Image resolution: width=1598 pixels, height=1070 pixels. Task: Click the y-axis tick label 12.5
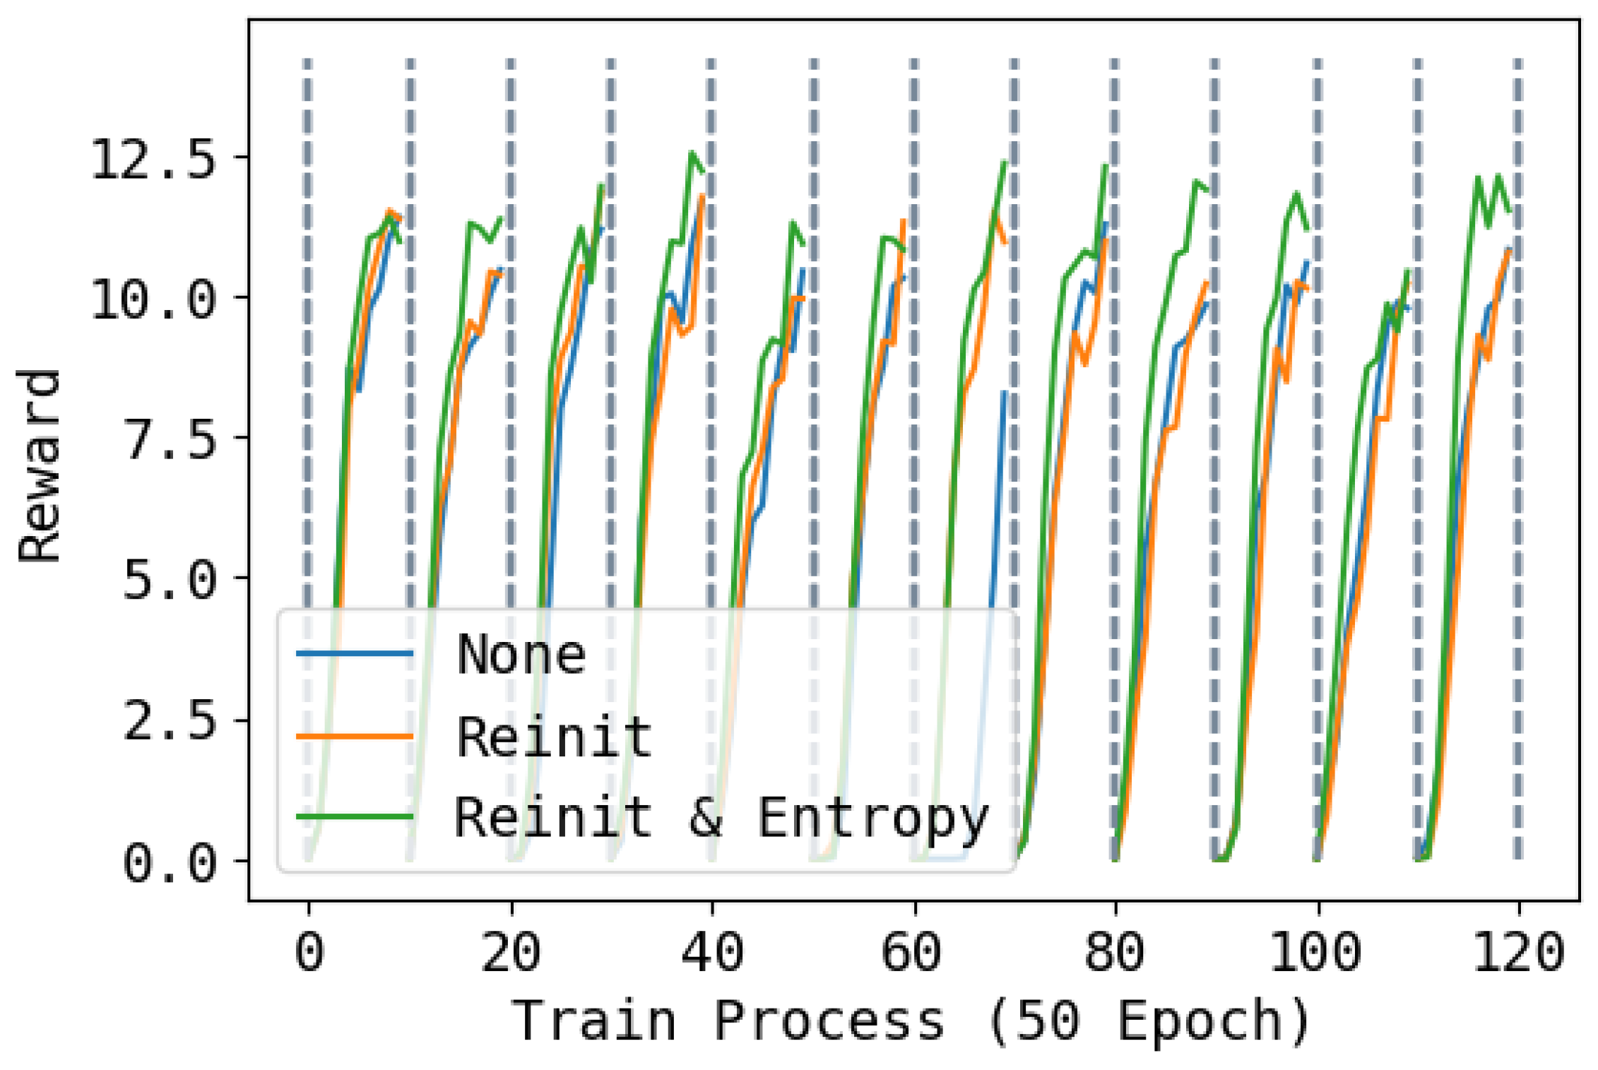pyautogui.click(x=152, y=159)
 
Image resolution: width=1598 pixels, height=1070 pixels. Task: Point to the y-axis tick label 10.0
pyautogui.click(x=152, y=299)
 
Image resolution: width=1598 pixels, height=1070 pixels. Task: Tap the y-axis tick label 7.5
pyautogui.click(x=168, y=439)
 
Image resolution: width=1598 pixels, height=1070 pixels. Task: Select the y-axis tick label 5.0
pyautogui.click(x=168, y=580)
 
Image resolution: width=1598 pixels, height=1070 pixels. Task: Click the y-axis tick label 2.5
pyautogui.click(x=168, y=721)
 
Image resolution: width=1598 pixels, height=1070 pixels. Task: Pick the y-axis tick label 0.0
pyautogui.click(x=168, y=862)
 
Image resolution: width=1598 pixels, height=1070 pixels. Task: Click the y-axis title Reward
pyautogui.click(x=40, y=466)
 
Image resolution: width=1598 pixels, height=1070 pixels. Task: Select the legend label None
pyautogui.click(x=521, y=655)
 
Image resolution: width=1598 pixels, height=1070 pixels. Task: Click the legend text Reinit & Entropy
pyautogui.click(x=721, y=817)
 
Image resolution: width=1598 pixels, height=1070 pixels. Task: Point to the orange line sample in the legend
pyautogui.click(x=355, y=736)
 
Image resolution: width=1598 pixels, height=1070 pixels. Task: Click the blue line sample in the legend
pyautogui.click(x=355, y=653)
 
